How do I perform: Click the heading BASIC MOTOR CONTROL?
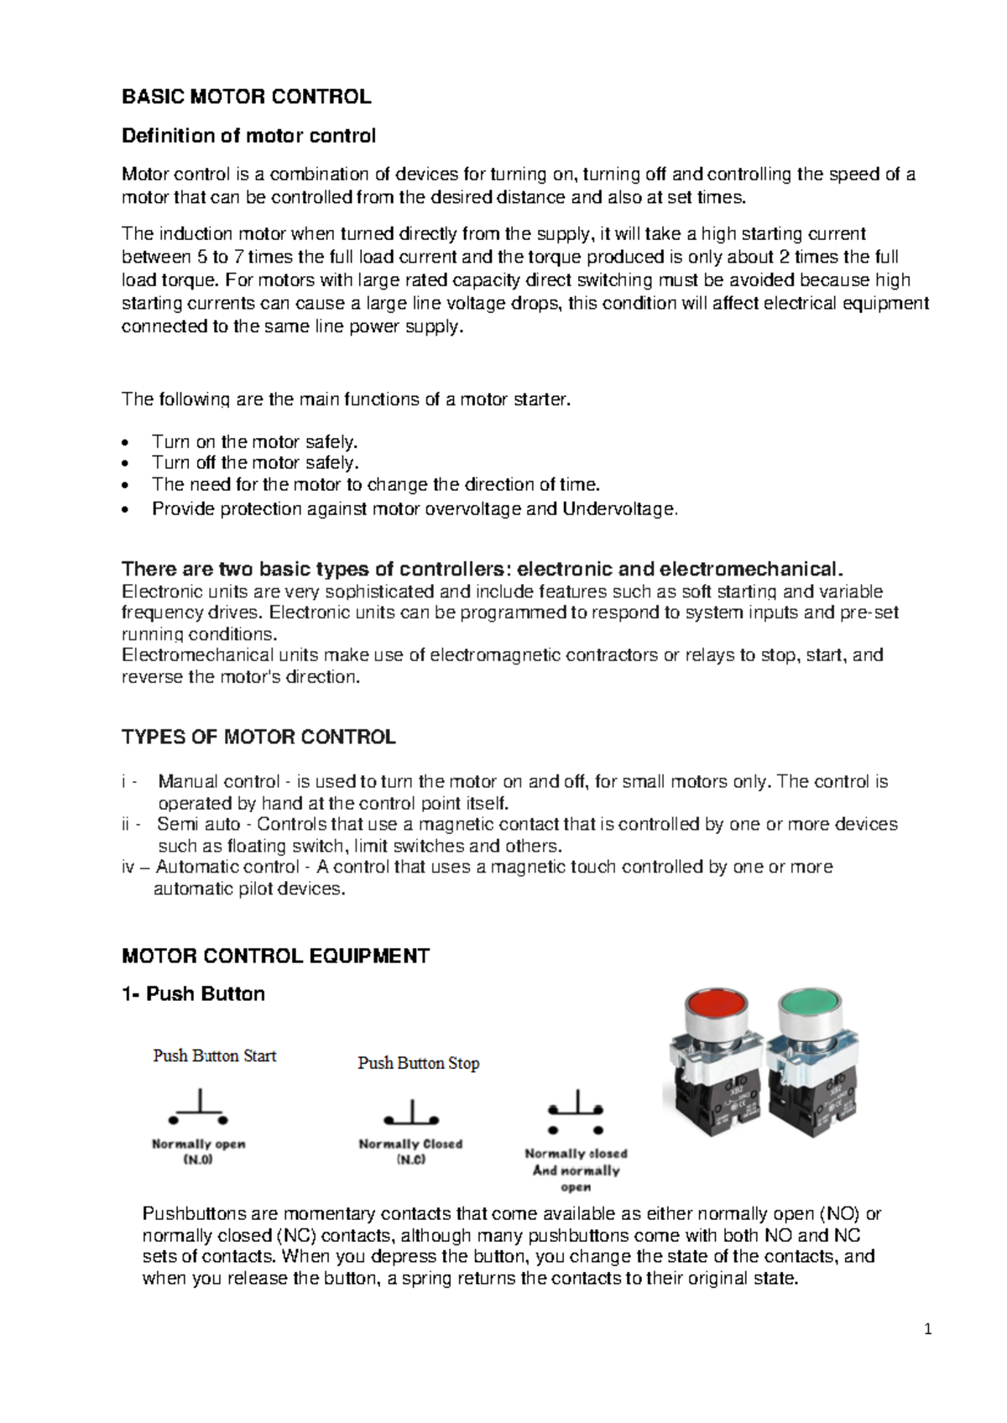coord(246,96)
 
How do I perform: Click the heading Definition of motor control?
coord(248,136)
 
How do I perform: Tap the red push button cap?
coord(715,1006)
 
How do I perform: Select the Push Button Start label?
coord(214,1056)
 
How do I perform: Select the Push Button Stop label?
coord(418,1063)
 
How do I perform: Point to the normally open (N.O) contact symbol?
coord(199,1108)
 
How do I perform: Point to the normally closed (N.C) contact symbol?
coord(411,1113)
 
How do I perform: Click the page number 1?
coord(928,1329)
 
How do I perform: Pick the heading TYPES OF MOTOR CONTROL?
coord(258,738)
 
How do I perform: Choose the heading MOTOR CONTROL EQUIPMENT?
coord(275,956)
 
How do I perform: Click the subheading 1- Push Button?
coord(193,994)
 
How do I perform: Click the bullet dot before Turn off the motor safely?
coord(126,463)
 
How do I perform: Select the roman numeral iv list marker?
coord(128,867)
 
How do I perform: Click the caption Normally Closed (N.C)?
coord(410,1151)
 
